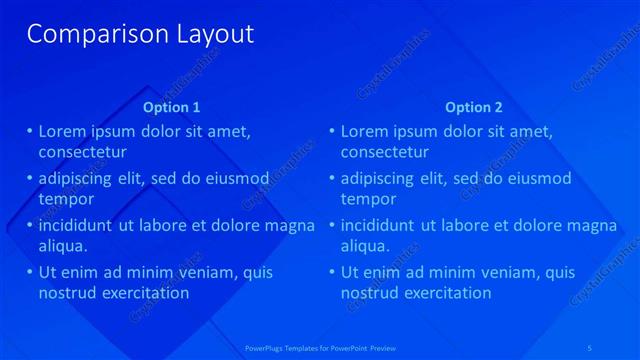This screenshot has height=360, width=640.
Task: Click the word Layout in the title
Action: click(211, 34)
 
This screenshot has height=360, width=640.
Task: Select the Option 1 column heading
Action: click(172, 107)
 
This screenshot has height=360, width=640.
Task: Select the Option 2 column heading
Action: click(474, 107)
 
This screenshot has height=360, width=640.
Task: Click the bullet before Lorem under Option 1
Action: click(30, 131)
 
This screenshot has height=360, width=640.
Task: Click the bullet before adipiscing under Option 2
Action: click(332, 178)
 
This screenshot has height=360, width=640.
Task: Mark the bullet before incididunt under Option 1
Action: click(30, 225)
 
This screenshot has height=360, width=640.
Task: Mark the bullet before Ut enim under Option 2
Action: click(332, 272)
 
